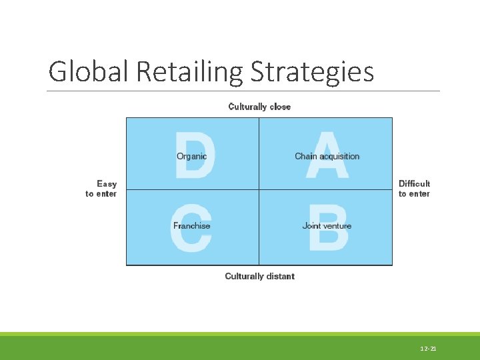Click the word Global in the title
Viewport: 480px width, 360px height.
(x=89, y=71)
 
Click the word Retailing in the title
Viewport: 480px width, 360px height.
(x=191, y=71)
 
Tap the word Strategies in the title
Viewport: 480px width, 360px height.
(x=312, y=71)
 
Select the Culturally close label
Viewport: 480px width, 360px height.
(x=259, y=107)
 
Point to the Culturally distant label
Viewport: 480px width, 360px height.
(x=259, y=276)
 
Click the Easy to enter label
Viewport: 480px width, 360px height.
(x=101, y=189)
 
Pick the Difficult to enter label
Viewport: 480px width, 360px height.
(x=414, y=189)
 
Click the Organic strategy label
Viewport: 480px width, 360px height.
(x=191, y=157)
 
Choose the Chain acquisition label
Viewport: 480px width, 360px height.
(x=327, y=157)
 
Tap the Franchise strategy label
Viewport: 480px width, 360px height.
(x=191, y=226)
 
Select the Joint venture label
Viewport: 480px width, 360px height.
(x=327, y=226)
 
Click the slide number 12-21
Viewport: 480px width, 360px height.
(x=428, y=349)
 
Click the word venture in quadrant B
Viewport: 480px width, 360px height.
(x=337, y=226)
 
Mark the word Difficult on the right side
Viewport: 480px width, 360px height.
(x=414, y=183)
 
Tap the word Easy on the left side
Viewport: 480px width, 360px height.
(x=107, y=183)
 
